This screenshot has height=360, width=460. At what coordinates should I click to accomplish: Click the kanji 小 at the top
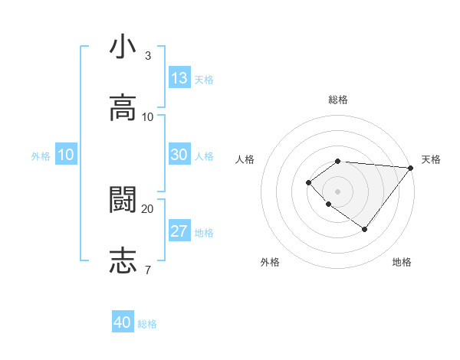pos(123,47)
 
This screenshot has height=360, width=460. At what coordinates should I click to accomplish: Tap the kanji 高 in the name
pos(123,107)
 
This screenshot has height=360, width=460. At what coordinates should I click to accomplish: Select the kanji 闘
pos(123,200)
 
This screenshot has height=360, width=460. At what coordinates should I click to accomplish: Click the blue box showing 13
pos(179,77)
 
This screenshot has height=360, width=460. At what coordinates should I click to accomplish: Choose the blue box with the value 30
pos(179,154)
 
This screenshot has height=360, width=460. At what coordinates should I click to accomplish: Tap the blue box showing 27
pos(179,231)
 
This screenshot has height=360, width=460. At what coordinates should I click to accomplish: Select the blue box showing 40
pos(123,322)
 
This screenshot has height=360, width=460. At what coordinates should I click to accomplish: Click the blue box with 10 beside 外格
pos(66,155)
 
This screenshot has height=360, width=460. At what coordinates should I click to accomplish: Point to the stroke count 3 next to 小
pos(148,56)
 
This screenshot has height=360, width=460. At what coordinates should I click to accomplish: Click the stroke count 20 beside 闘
pos(148,208)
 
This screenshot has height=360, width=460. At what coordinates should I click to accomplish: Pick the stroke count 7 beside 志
pos(148,270)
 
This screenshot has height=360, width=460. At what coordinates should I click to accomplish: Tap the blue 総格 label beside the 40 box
pos(148,324)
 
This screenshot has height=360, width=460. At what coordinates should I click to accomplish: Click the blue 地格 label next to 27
pos(204,233)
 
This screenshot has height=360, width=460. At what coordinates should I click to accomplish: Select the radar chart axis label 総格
pos(338,100)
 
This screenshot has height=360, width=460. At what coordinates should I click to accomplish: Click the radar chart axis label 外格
pos(270,262)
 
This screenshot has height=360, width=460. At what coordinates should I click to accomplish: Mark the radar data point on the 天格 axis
pos(411,168)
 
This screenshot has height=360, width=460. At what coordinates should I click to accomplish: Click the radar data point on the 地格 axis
pos(365,229)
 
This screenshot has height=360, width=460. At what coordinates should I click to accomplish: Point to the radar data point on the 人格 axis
pos(308,182)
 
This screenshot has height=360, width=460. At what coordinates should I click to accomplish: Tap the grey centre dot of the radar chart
pos(337,191)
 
